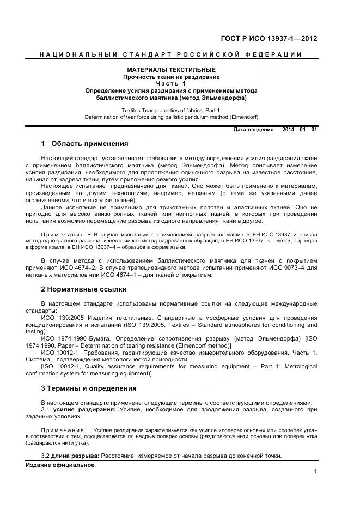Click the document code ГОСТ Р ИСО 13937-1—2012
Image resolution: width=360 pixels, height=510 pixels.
click(269, 39)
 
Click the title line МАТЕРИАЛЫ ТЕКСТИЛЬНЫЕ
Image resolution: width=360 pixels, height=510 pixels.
click(171, 70)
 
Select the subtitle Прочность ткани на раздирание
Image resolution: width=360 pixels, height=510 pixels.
click(171, 77)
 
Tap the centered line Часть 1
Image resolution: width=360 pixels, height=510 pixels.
click(171, 83)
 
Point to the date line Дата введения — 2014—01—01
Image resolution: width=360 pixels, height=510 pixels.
click(275, 130)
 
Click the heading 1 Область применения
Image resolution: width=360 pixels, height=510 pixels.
click(84, 144)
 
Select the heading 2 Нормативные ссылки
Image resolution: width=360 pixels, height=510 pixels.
click(84, 289)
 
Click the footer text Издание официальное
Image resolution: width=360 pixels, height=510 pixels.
click(60, 465)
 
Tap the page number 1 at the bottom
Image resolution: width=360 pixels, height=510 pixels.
click(315, 472)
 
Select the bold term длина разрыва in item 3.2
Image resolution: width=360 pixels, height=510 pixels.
click(75, 456)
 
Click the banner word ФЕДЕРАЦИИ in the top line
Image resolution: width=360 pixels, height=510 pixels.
click(282, 54)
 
